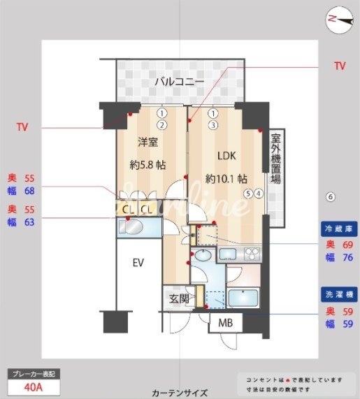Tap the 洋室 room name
pos(147,140)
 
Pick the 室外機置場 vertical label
pos(275,159)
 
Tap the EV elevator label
pos(138,263)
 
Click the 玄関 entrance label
pos(179,299)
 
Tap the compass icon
pos(340,20)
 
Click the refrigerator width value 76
pos(347,257)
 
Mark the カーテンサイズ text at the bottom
pos(179,393)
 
